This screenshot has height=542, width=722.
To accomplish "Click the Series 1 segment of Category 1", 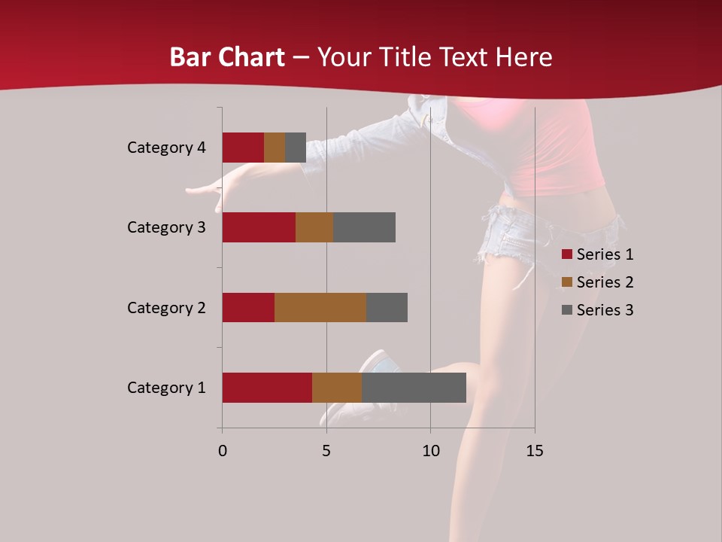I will tap(267, 388).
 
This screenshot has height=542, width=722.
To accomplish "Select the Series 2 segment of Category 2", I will tap(320, 307).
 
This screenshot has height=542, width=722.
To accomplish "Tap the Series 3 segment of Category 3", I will tap(364, 227).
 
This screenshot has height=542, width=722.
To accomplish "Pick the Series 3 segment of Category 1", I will tap(414, 388).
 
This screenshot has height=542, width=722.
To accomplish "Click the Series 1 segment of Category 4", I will tap(243, 148).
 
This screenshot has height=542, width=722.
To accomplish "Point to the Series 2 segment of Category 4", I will tap(275, 148).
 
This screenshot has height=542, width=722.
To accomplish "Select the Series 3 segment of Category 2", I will tap(387, 307).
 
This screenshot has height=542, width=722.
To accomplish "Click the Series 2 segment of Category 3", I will tap(314, 227).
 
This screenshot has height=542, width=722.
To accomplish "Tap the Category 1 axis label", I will tap(166, 388).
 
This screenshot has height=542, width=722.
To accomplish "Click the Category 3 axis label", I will tap(166, 227).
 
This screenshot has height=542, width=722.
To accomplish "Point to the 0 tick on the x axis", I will tap(223, 451).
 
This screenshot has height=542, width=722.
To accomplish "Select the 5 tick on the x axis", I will tap(326, 451).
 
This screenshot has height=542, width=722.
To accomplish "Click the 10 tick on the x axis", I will tap(430, 451).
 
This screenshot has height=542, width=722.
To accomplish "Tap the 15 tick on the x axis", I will tap(534, 451).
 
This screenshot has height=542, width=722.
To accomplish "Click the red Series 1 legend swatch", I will tap(566, 254).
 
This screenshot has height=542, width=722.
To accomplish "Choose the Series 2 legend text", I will tap(605, 282).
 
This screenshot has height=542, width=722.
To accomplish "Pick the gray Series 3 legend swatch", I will tap(566, 310).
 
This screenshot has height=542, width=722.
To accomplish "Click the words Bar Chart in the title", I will tap(227, 57).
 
